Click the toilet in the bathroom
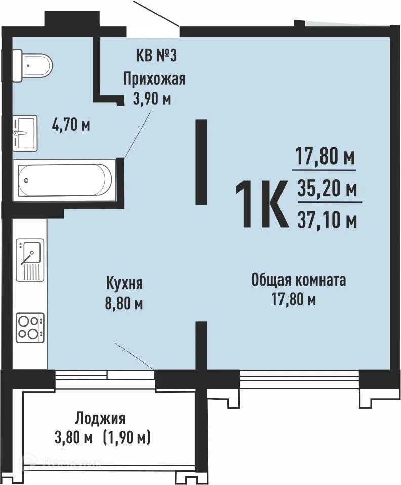tap(31, 64)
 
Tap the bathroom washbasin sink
tap(24, 133)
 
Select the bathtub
tap(64, 179)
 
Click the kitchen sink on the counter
tap(30, 259)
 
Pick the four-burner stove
tap(29, 327)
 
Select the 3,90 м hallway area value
tap(151, 98)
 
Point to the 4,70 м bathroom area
tap(71, 124)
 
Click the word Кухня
tap(124, 282)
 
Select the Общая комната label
tap(299, 280)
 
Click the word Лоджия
tap(100, 418)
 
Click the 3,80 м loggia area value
tap(74, 437)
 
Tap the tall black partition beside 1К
tap(202, 161)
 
